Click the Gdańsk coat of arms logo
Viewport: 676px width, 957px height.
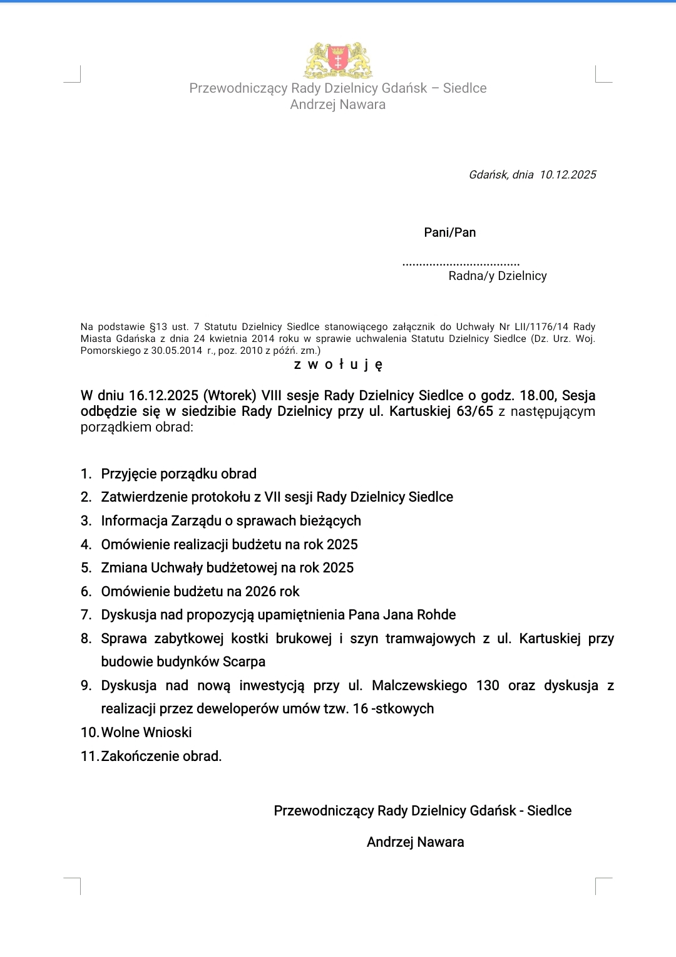click(x=338, y=60)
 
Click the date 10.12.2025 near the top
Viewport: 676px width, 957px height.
click(x=568, y=175)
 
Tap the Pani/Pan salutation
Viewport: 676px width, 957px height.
click(x=449, y=232)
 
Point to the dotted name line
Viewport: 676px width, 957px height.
click(x=461, y=264)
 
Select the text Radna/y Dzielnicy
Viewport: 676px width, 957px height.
click(x=498, y=276)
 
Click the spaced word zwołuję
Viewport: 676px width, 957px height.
click(x=338, y=365)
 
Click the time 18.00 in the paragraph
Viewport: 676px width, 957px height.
click(x=537, y=396)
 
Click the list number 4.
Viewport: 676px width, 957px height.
click(x=86, y=545)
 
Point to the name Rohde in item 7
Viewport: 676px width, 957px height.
click(x=436, y=615)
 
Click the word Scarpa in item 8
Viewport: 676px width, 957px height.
click(x=244, y=662)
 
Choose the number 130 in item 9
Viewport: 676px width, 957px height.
click(x=488, y=686)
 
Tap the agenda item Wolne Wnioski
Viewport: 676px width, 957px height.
click(x=146, y=733)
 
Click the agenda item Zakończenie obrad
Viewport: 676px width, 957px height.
click(x=161, y=757)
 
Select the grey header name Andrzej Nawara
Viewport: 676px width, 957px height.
click(x=337, y=105)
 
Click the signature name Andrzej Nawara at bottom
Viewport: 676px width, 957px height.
click(x=415, y=842)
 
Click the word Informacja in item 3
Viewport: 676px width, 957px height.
click(x=134, y=521)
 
